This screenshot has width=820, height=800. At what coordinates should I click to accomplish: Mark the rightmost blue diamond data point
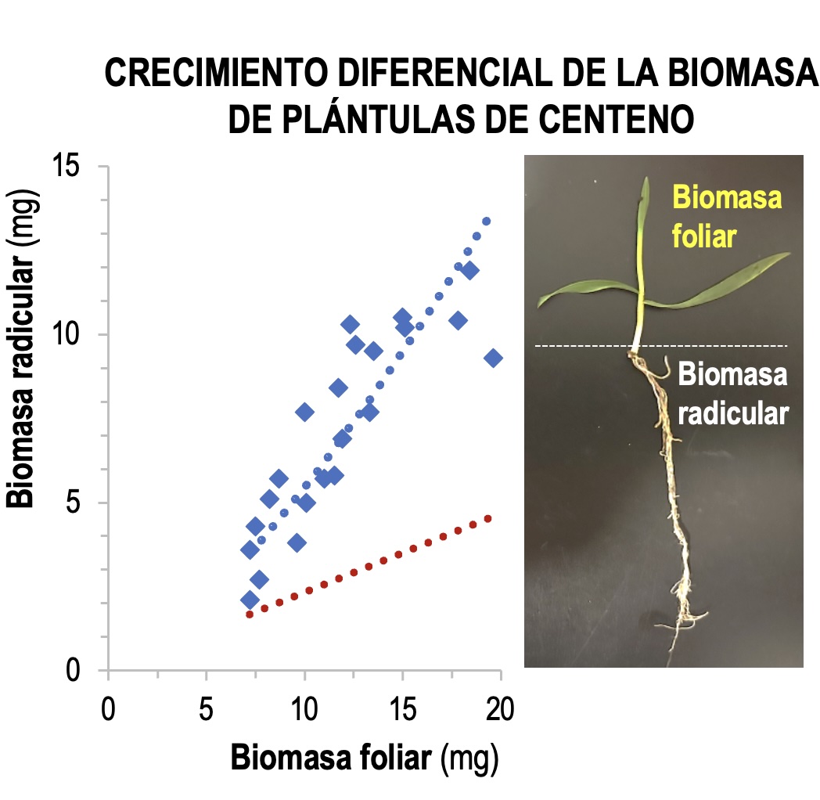coord(493,358)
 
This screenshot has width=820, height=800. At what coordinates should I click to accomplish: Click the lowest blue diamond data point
coord(250,600)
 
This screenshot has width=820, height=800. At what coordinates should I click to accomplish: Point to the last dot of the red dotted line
coord(487,518)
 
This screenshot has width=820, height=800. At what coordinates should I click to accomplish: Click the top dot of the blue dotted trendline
coord(486,222)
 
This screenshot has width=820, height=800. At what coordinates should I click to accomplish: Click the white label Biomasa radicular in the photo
coord(732,395)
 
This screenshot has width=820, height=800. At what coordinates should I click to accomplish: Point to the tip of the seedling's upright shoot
coord(646,179)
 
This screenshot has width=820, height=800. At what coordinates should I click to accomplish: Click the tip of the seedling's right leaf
coord(789,254)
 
